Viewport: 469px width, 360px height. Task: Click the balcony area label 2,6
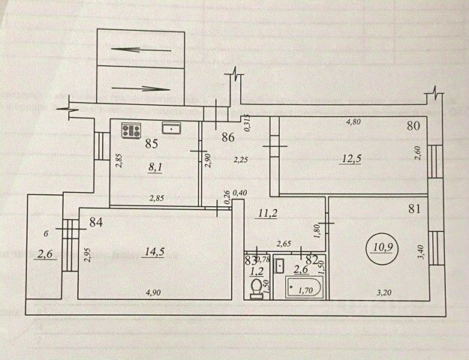point(44,255)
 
